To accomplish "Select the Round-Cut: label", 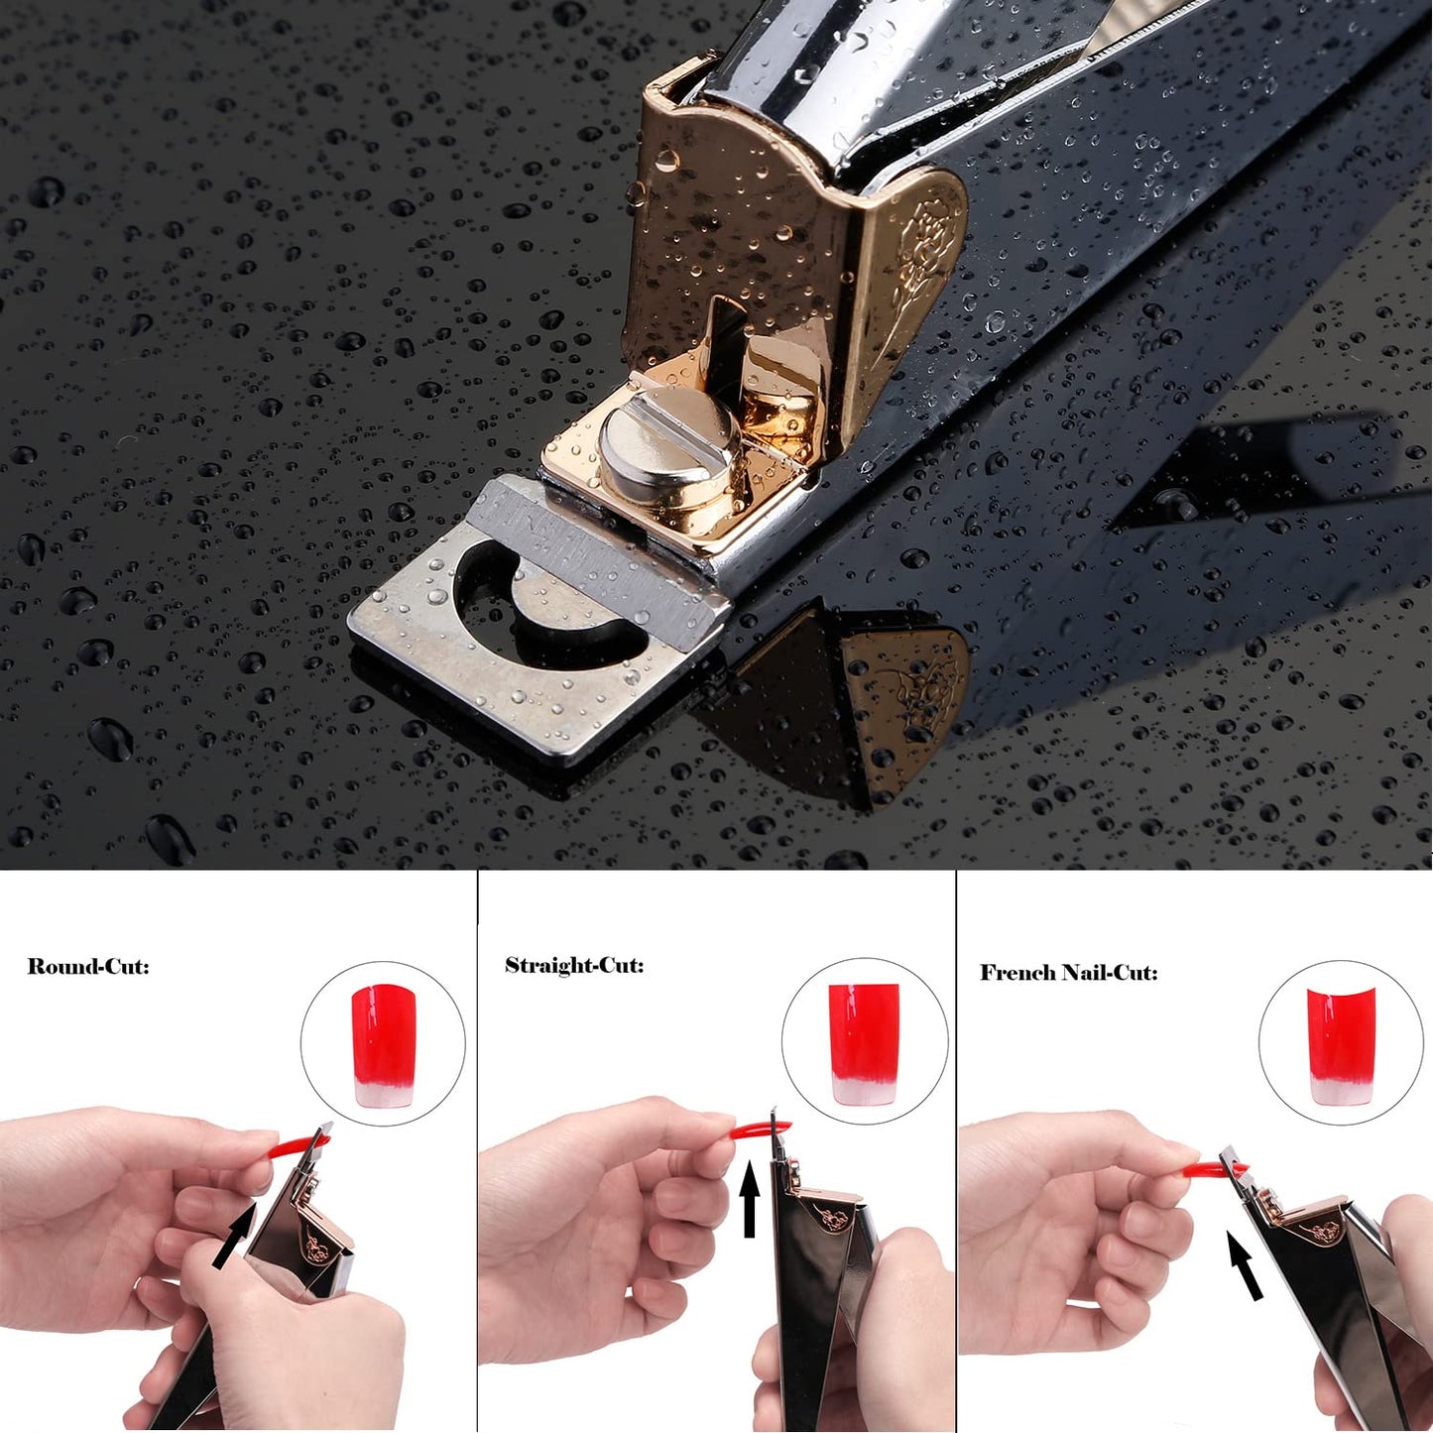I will pyautogui.click(x=88, y=966).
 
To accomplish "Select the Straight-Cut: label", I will pyautogui.click(x=574, y=965).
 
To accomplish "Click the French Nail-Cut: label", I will pyautogui.click(x=1068, y=972).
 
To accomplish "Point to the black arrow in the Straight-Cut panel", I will pyautogui.click(x=750, y=1200).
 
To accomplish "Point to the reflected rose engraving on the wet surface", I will pyautogui.click(x=907, y=694).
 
